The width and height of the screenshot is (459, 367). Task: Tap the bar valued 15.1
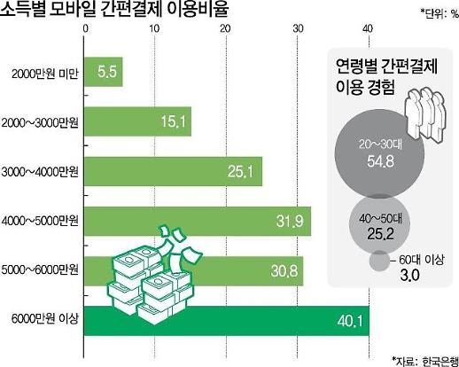[x=137, y=121]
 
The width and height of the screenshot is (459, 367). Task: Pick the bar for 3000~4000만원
[x=173, y=170]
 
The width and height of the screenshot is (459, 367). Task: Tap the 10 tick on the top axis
[x=155, y=31]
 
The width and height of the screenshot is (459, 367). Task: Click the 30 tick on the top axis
[x=297, y=31]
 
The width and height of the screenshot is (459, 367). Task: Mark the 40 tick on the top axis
[x=368, y=31]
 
